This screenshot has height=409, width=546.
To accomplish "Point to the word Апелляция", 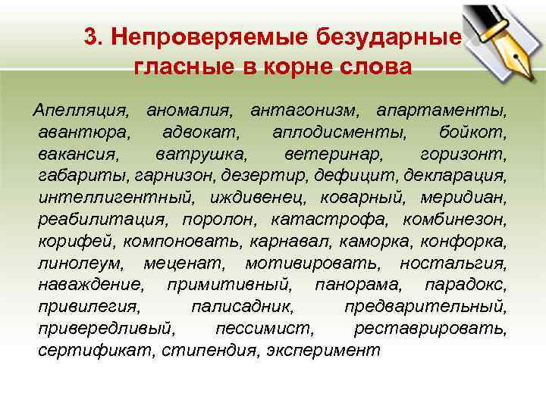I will click(x=82, y=111).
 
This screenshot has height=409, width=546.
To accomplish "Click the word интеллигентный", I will click(x=114, y=199).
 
